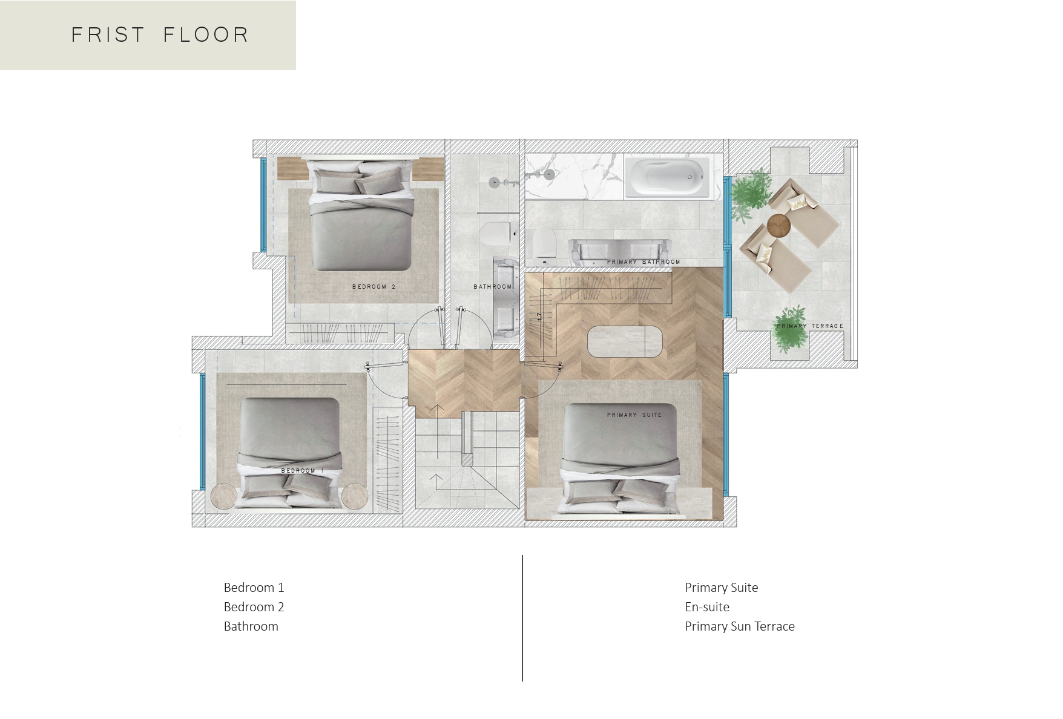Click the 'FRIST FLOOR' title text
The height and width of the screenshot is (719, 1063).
[160, 35]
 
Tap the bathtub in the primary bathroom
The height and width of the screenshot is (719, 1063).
[666, 177]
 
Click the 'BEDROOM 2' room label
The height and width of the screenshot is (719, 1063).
[374, 287]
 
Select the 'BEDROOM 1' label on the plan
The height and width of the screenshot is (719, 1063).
[302, 471]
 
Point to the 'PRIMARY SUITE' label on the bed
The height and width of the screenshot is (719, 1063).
[634, 415]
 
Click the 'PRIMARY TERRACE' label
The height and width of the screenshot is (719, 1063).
[810, 326]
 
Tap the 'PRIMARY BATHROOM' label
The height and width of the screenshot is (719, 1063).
[643, 262]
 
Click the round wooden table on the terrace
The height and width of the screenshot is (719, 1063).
[779, 226]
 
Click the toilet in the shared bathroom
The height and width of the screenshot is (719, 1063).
[498, 233]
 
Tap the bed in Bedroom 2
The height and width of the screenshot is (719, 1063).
[362, 215]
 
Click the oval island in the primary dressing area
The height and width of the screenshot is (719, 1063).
[625, 342]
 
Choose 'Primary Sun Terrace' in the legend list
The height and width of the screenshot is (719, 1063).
[740, 626]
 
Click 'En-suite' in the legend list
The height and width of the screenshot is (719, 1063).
[707, 607]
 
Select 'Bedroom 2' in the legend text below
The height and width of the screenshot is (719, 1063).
[254, 607]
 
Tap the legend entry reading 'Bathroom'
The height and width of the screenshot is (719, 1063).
[251, 626]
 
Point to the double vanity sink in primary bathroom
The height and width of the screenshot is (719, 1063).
[619, 250]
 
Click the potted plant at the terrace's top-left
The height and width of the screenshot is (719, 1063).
[751, 194]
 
